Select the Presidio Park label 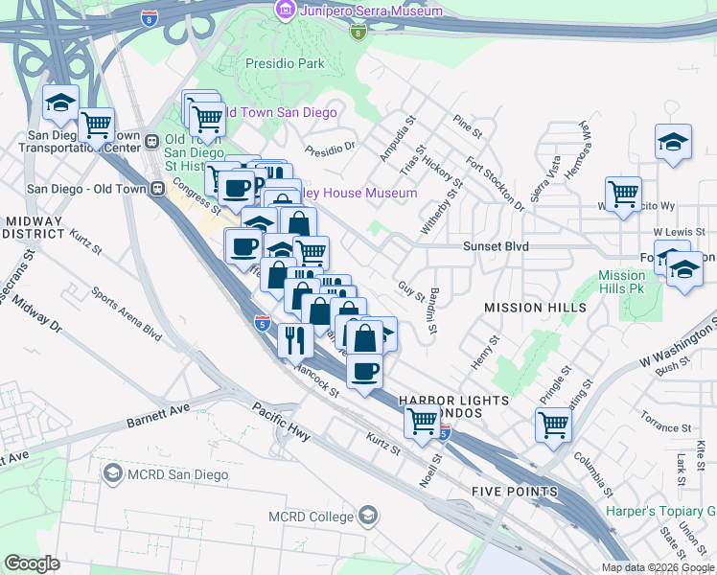pos(283,64)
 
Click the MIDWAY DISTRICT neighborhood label pos(34,228)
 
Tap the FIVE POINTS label pos(514,492)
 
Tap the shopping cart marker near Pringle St pos(553,424)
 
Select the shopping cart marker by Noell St pos(422,420)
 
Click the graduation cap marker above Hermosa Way pos(674,142)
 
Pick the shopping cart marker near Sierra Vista pos(624,195)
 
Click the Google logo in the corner pos(32,563)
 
